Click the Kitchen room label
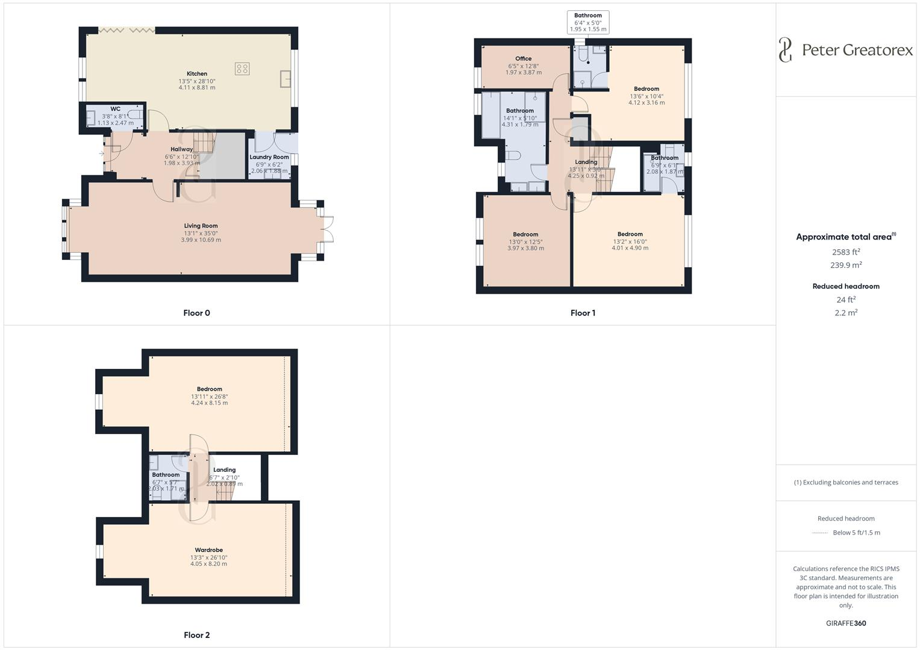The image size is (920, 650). point(197,74)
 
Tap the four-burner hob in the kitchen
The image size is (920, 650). point(242,69)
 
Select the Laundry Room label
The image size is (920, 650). point(269,157)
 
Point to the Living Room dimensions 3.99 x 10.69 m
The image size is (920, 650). point(201,240)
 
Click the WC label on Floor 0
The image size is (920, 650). point(115,109)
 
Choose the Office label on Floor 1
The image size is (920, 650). point(523,59)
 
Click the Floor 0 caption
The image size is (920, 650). point(196,313)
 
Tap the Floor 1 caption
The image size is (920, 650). point(583,313)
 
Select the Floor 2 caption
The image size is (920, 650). point(196,635)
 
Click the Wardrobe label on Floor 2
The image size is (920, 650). point(208,550)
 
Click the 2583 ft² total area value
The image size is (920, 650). point(846,252)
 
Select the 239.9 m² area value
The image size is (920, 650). point(846,265)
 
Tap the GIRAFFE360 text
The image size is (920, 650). point(846,624)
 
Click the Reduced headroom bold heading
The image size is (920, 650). point(846,286)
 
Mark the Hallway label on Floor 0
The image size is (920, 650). point(181,149)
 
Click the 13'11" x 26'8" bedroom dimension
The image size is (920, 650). point(209,397)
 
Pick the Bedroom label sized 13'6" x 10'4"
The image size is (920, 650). point(646,89)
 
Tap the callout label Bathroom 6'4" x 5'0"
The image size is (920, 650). point(587,22)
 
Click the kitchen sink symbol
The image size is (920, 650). point(286,78)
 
